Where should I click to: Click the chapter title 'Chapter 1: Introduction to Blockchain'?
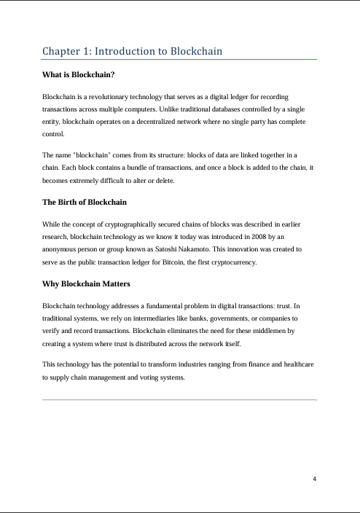pyautogui.click(x=133, y=51)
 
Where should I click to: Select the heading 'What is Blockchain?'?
pyautogui.click(x=79, y=75)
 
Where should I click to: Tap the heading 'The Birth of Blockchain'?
pyautogui.click(x=85, y=201)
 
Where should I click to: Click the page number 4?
pyautogui.click(x=314, y=479)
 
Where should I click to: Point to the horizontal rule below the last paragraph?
pyautogui.click(x=180, y=399)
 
